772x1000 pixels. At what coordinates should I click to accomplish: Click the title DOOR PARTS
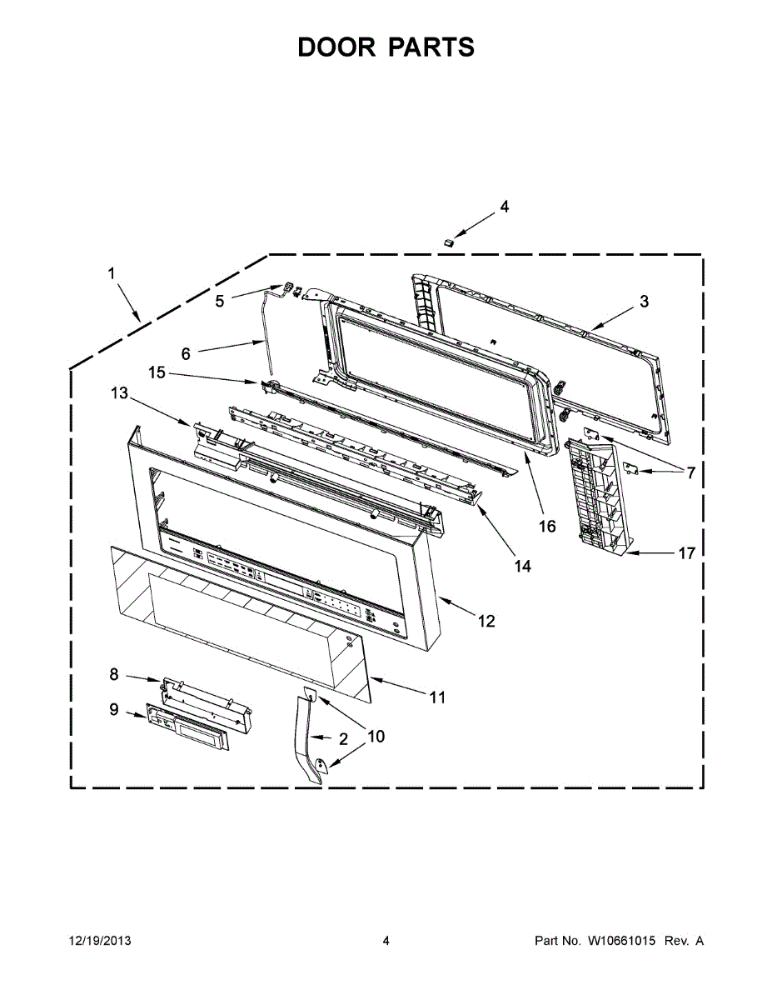pos(386,47)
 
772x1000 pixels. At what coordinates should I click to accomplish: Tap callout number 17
pos(686,552)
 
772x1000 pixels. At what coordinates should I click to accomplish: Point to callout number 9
pos(114,709)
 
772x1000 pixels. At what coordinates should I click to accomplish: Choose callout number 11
pos(436,697)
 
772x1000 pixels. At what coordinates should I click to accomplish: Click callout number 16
pos(546,527)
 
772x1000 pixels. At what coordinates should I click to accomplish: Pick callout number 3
pos(644,302)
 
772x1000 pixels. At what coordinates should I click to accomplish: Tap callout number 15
pos(157,372)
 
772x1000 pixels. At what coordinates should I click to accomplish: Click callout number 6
pos(186,353)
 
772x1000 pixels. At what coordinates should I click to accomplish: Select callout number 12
pos(486,621)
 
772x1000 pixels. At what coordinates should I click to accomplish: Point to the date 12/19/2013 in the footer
pos(99,941)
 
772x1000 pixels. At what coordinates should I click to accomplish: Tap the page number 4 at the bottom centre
pos(386,941)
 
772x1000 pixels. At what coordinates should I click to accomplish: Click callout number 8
pos(114,673)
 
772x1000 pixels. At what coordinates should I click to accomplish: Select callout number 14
pos(522,566)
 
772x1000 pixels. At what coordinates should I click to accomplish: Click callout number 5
pos(220,301)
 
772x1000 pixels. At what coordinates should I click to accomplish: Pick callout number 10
pos(376,736)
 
